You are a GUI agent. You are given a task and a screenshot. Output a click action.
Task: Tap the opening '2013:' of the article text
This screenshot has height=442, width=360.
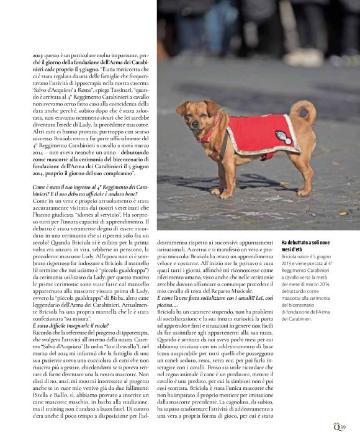click(x=39, y=56)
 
